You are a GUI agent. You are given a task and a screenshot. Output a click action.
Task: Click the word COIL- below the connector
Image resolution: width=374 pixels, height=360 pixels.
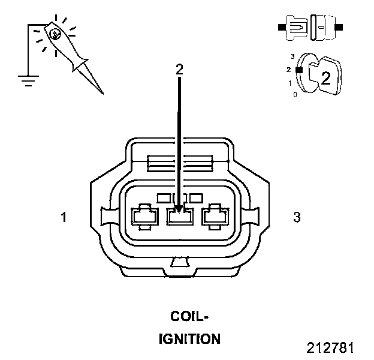(x=190, y=316)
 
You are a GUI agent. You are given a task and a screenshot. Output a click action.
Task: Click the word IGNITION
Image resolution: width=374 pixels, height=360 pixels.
(x=189, y=339)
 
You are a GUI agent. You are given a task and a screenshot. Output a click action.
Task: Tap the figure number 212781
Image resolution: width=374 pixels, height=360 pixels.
(x=331, y=348)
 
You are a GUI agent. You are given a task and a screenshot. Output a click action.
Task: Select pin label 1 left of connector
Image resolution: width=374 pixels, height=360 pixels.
(x=64, y=217)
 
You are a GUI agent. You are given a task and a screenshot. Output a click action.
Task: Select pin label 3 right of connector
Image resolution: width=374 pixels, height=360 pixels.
(x=296, y=217)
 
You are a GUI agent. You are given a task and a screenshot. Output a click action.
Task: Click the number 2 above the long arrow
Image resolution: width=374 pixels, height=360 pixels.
(x=179, y=68)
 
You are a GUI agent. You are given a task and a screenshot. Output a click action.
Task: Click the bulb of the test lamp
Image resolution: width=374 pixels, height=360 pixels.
(x=55, y=34)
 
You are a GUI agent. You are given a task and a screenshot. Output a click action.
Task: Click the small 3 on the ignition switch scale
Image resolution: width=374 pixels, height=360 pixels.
(x=292, y=56)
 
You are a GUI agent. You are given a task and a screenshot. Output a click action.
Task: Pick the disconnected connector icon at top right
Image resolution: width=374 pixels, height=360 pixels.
(x=309, y=28)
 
